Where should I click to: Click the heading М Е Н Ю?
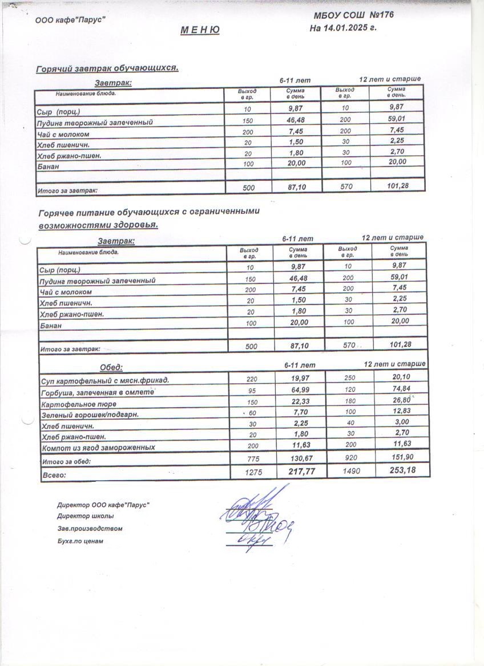200,30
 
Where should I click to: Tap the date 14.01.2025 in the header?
349,28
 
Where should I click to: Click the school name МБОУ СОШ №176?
353,15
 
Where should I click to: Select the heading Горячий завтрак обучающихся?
107,68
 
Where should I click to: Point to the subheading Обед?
111,367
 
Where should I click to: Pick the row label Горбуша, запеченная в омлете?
98,392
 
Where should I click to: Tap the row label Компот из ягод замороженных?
98,448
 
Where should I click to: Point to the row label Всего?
54,474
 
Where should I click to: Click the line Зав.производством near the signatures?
90,529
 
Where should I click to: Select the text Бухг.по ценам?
80,541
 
